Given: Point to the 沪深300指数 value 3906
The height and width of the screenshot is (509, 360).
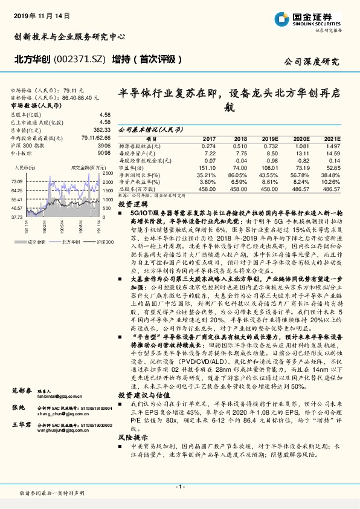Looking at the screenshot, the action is pos(104,146).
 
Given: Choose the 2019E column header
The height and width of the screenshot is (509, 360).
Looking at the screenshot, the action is pos(269,138).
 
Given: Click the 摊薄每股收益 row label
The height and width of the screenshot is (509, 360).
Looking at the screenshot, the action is pos(140,146).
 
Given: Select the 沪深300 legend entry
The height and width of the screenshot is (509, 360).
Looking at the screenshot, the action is pos(101,241).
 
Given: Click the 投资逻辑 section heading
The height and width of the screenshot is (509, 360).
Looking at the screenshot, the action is pos(133,204).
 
